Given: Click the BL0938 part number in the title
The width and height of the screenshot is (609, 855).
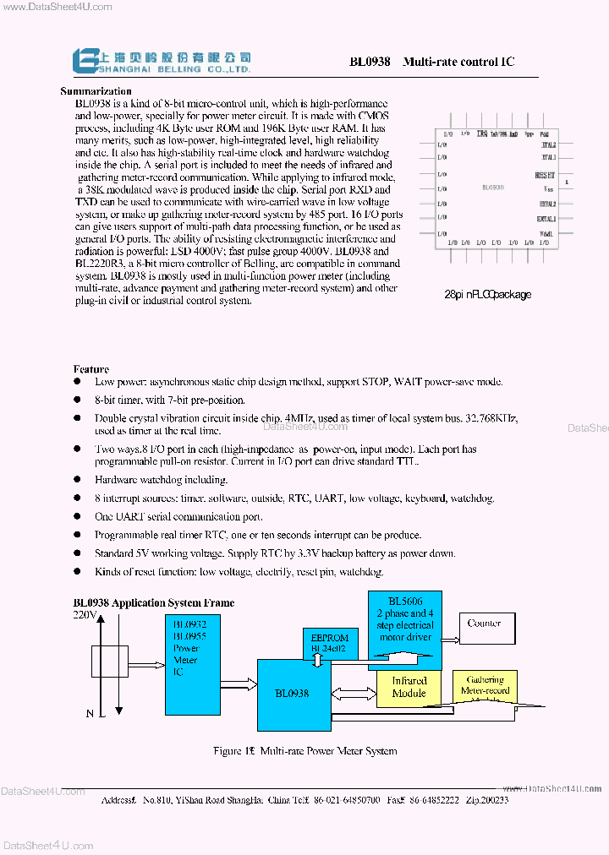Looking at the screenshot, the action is [370, 62].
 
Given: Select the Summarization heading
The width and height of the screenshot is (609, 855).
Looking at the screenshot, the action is [96, 91].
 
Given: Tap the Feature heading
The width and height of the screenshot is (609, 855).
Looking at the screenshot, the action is [91, 369].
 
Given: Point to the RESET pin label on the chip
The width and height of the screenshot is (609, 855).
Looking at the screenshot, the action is [546, 175].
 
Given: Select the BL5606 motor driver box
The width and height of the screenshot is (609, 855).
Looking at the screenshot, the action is [404, 625].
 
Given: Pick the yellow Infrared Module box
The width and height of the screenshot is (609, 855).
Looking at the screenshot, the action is [409, 687].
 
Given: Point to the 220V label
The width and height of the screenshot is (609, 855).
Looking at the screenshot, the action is [85, 615].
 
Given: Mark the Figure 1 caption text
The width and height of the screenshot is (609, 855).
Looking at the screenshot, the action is [305, 750].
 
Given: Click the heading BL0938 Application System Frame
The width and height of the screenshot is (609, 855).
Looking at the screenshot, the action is [153, 602].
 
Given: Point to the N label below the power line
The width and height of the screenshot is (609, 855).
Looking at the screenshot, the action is [91, 714].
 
